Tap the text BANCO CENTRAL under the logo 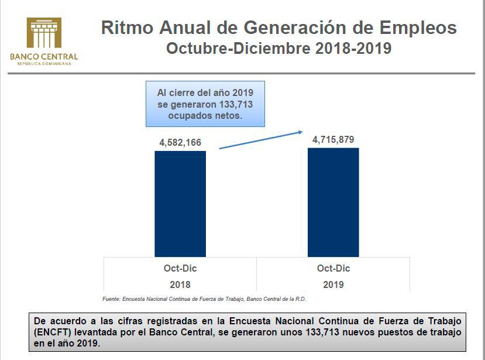click(44, 57)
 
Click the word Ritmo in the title click(123, 28)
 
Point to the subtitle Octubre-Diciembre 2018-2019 click(278, 48)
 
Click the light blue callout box click(205, 104)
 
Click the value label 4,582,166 click(180, 142)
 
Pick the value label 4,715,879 click(333, 139)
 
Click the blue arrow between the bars click(261, 140)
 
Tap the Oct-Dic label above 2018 click(180, 269)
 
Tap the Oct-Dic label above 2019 click(333, 269)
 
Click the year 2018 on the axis click(180, 285)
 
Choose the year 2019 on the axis click(333, 285)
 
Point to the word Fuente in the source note click(111, 299)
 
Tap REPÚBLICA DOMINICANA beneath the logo click(44, 63)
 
